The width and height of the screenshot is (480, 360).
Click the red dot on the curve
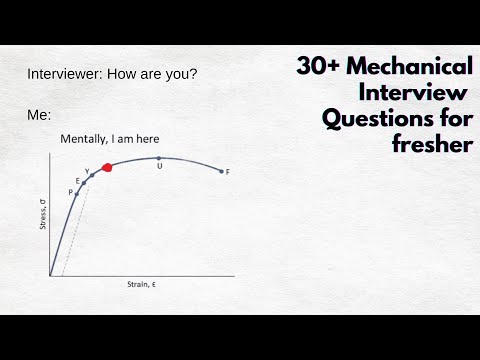click(107, 167)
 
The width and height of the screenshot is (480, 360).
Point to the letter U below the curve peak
click(160, 166)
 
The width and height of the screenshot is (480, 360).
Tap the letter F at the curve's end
click(228, 172)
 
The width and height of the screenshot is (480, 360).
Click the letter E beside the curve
click(78, 180)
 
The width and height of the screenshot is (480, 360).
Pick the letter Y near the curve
click(87, 171)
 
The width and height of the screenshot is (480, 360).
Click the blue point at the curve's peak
click(160, 158)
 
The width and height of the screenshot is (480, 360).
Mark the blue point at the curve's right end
click(220, 172)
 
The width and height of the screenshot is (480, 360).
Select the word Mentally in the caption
click(86, 138)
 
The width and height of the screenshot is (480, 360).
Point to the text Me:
click(39, 115)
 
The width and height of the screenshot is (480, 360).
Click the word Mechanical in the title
click(412, 68)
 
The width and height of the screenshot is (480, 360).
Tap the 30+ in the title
click(320, 68)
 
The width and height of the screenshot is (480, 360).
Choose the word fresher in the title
click(430, 146)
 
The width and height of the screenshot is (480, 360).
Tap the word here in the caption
click(146, 138)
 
